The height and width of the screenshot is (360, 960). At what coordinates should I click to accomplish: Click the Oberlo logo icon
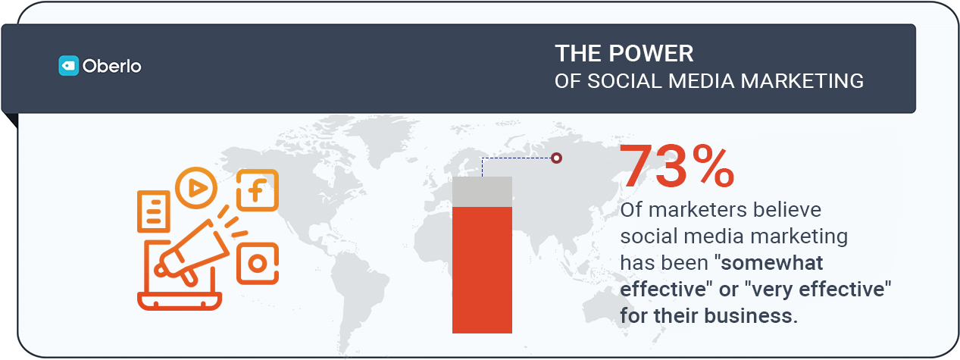point(69,66)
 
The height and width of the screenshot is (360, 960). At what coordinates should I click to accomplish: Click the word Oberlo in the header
point(111,66)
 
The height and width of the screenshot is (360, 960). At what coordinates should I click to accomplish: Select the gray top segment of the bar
point(482,191)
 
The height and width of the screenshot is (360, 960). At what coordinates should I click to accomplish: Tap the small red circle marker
point(557,158)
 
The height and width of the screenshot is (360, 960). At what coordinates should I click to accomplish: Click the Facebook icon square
point(257,190)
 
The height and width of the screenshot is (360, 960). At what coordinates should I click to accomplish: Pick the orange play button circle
point(196,187)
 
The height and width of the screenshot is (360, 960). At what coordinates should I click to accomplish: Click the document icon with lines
point(154,211)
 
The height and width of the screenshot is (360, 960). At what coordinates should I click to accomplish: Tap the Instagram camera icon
point(258,264)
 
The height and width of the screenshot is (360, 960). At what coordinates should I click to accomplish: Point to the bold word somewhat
point(774,263)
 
